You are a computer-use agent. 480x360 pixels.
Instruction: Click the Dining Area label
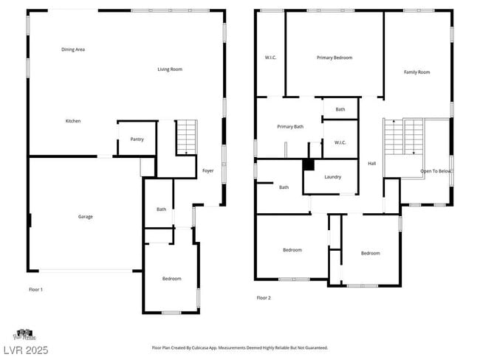(x=73, y=49)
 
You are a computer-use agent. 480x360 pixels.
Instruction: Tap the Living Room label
(x=170, y=69)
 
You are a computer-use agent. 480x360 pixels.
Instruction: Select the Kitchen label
(x=73, y=121)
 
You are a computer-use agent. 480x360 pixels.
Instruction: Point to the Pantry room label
(x=137, y=139)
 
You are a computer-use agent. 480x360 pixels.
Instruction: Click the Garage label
(x=86, y=216)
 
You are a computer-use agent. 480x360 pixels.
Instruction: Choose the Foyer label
(x=208, y=170)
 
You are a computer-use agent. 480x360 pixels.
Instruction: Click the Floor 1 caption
(x=35, y=289)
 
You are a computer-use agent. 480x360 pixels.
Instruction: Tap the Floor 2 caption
(x=264, y=298)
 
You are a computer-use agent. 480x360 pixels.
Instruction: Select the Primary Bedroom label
(x=335, y=58)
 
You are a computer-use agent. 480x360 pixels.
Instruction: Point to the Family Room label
(x=416, y=72)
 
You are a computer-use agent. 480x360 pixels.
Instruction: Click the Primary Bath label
(x=290, y=127)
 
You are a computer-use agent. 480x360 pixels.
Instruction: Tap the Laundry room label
(x=332, y=177)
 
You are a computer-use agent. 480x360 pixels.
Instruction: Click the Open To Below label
(x=436, y=171)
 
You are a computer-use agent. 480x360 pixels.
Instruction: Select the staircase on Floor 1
(x=187, y=136)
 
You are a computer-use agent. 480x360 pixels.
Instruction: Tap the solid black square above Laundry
(x=309, y=165)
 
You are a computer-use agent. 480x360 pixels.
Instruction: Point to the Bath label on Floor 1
(x=161, y=210)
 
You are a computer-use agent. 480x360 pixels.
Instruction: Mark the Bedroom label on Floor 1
(x=172, y=278)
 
